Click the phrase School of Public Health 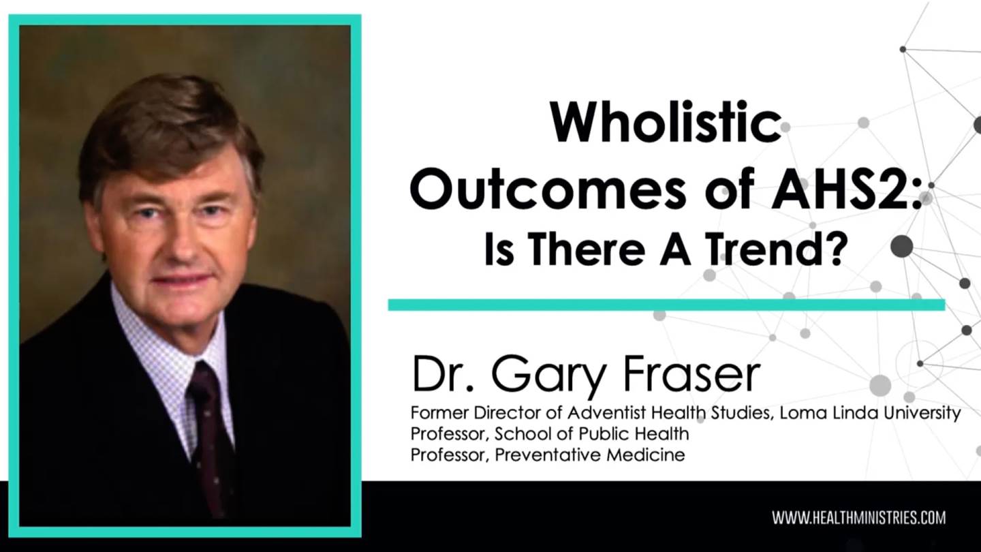(x=591, y=434)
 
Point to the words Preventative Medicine (x=590, y=455)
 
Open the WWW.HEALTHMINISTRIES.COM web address (x=859, y=518)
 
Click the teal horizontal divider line (x=666, y=305)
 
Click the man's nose (x=180, y=245)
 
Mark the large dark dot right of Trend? (x=902, y=246)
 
